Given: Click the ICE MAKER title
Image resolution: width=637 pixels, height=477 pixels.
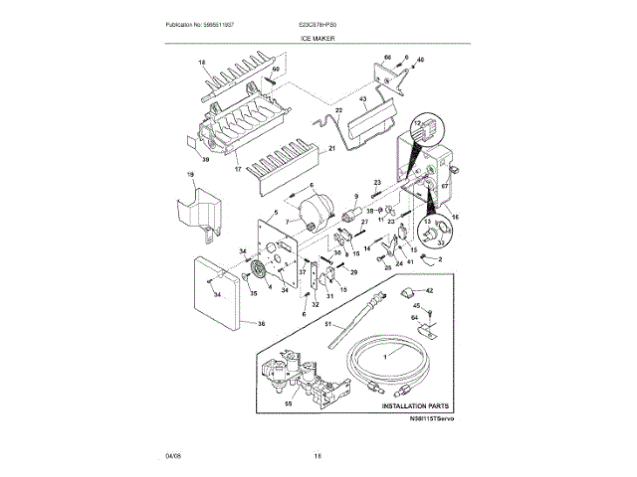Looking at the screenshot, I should tap(318, 38).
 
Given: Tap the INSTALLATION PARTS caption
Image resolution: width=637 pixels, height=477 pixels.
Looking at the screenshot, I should tap(407, 406).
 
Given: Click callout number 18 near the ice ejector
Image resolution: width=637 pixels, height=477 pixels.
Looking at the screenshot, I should tap(201, 62).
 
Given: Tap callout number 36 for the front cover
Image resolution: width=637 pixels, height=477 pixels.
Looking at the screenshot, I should tap(261, 322).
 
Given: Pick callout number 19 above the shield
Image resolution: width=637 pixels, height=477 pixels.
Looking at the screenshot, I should tap(190, 176).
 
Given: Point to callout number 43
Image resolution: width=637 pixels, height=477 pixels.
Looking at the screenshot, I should tap(362, 100).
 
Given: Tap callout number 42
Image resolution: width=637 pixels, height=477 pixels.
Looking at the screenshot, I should tap(430, 289).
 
